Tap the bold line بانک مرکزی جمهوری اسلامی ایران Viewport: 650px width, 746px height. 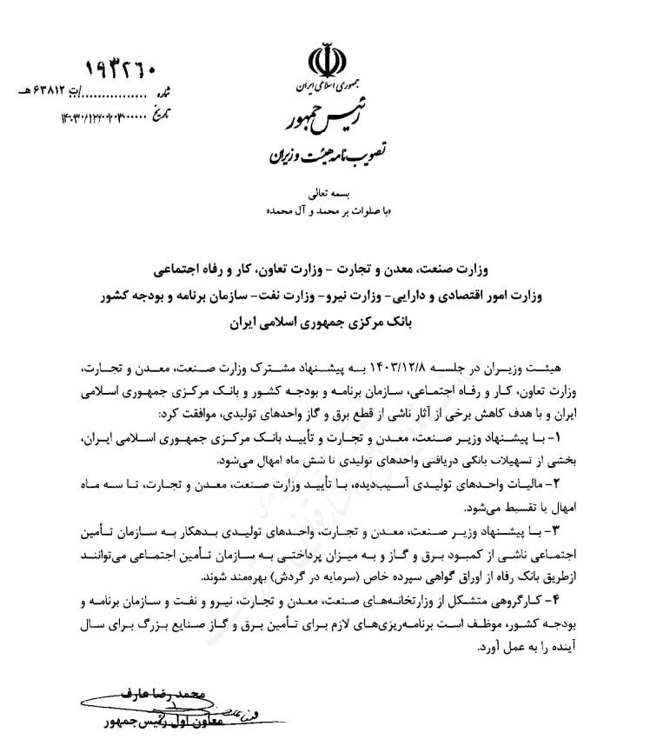click(x=326, y=323)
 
